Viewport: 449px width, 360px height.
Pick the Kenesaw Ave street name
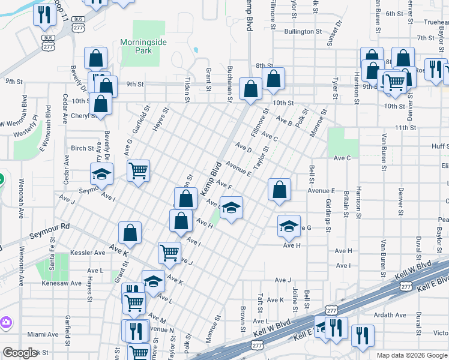click(x=61, y=283)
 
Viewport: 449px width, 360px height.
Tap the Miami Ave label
click(x=43, y=334)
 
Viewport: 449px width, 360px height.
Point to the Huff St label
click(x=439, y=146)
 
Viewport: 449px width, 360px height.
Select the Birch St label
click(x=82, y=148)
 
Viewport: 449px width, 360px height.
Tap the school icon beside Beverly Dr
click(x=102, y=175)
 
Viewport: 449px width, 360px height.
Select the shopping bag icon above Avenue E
click(x=280, y=190)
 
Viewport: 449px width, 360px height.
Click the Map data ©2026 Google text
click(x=411, y=355)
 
